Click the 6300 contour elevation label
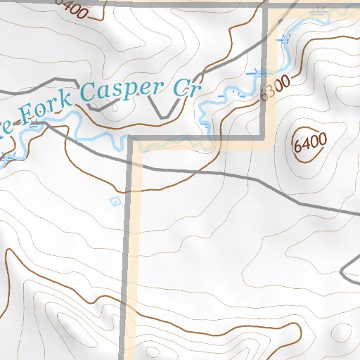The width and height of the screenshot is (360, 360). tap(275, 86)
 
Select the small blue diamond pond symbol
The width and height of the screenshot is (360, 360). tap(115, 202)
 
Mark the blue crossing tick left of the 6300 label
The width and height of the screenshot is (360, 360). tap(257, 72)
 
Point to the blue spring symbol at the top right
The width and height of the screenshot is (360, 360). tap(320, 11)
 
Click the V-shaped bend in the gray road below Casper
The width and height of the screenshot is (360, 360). tap(163, 116)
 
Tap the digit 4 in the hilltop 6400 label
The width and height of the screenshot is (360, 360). tap(306, 143)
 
